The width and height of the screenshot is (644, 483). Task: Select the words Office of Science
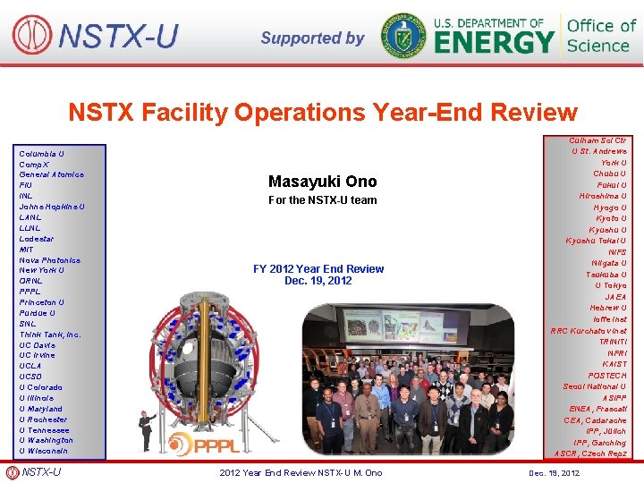601,36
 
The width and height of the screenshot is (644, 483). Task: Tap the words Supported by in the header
312,38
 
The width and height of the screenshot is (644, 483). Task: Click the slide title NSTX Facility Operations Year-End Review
323,113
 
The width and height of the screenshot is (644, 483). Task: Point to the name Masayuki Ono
322,182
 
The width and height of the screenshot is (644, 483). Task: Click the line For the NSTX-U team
323,200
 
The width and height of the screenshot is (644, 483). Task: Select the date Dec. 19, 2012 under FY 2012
318,281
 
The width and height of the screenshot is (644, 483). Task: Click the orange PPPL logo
205,443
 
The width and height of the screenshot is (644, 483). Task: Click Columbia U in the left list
42,154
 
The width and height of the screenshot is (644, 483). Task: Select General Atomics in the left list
52,174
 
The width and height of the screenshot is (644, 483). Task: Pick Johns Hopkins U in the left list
52,207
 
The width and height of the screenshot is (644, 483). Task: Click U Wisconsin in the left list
44,451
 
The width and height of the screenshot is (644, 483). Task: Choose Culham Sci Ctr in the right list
597,140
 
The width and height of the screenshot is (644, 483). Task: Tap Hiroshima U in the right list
603,196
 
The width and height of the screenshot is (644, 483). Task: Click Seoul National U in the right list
595,386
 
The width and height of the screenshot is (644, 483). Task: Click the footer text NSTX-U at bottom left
41,472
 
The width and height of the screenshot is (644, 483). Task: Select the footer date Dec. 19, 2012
554,473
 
